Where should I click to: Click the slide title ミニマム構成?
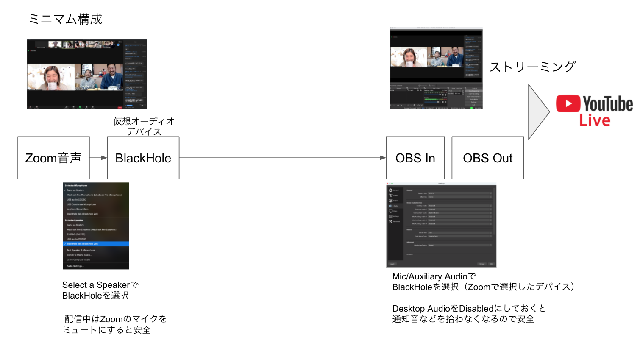[65, 19]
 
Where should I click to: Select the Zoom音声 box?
[53, 158]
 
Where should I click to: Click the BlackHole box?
[143, 158]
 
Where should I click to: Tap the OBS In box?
[415, 158]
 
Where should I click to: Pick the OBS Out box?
[487, 158]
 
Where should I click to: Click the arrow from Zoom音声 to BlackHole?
[98, 158]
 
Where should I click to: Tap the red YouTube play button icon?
[568, 103]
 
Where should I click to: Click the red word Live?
[595, 121]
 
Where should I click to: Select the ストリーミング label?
[533, 67]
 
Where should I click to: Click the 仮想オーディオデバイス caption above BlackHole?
[144, 126]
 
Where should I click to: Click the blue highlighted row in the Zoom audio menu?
[96, 244]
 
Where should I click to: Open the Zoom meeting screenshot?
[87, 74]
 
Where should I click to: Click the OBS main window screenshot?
[436, 68]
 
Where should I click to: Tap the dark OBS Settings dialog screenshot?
[441, 225]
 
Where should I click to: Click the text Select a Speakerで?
[100, 285]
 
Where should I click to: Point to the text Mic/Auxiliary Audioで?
[434, 276]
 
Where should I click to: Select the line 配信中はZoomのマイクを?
[115, 319]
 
